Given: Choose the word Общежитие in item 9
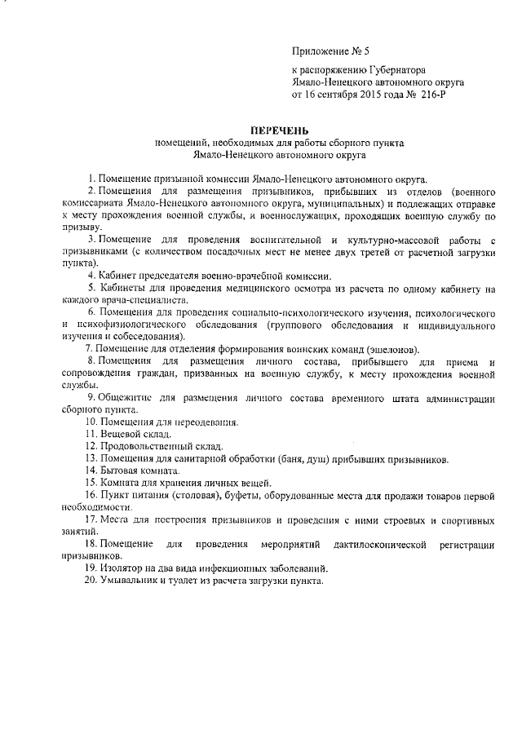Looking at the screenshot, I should coord(123,397).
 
